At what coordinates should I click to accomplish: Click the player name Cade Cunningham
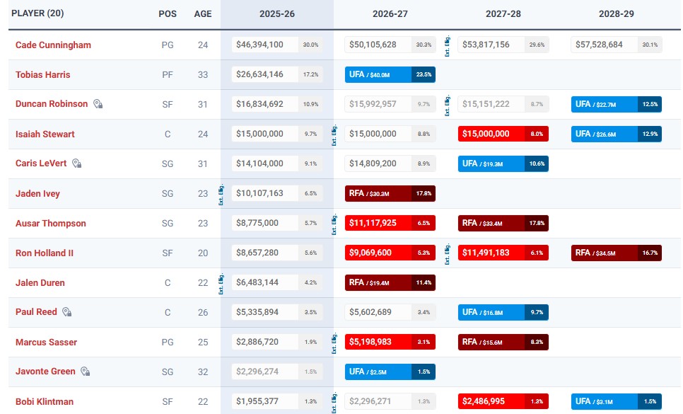[x=53, y=45]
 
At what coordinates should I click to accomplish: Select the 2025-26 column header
[x=276, y=14]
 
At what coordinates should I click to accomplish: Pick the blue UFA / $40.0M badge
[x=390, y=74]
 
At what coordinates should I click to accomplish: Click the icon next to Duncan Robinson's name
[x=98, y=104]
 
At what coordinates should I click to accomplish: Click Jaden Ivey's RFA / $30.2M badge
[x=390, y=193]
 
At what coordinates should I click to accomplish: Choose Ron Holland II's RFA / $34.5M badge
[x=616, y=253]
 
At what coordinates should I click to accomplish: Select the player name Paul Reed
[x=36, y=312]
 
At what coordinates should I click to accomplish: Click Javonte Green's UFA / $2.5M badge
[x=390, y=372]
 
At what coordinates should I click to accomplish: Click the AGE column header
[x=203, y=14]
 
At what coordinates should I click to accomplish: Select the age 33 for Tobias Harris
[x=203, y=74]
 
